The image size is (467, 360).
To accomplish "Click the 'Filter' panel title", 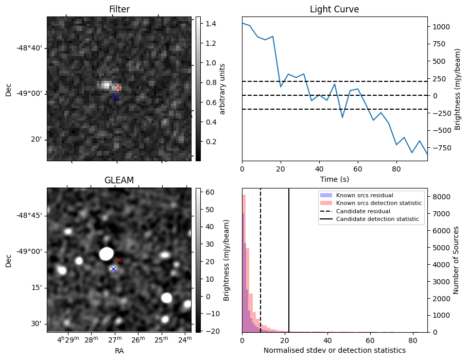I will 119,9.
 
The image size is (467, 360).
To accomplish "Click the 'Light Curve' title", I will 334,9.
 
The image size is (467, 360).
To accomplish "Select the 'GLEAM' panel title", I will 119,180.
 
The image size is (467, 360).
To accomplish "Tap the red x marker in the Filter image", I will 118,88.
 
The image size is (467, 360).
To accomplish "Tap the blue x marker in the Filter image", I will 115,97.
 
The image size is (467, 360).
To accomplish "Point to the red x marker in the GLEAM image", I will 119,260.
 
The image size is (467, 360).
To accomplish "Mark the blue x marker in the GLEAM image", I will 113,269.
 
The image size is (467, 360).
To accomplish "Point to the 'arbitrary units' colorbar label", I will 222,89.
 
